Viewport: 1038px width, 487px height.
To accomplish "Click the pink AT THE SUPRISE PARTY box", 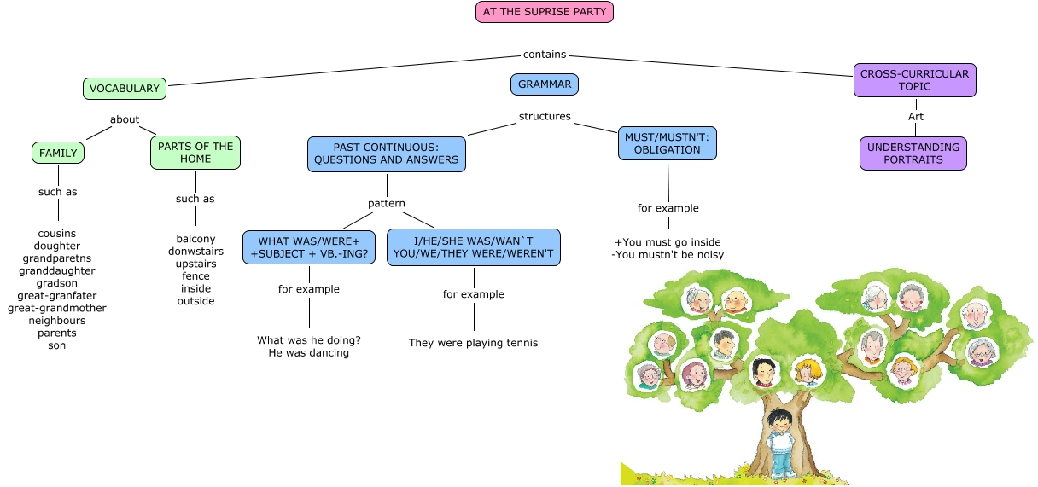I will point(544,12).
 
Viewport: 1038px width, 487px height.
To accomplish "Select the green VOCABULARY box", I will point(125,89).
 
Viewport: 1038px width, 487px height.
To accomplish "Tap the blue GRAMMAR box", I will point(545,84).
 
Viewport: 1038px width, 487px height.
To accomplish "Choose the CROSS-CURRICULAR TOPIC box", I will point(914,80).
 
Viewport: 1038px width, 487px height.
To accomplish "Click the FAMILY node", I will point(58,154).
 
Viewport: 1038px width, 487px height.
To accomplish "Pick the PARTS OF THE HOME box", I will point(195,153).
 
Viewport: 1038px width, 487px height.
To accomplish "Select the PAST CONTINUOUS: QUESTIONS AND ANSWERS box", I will point(387,154).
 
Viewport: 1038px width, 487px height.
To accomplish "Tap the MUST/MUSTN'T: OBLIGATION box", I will point(667,143).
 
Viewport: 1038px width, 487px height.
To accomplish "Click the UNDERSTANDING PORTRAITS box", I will point(913,154).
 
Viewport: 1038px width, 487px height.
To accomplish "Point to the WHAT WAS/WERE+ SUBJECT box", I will point(309,247).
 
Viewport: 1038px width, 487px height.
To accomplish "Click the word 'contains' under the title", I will point(545,55).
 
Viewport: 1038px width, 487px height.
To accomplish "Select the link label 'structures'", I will point(545,116).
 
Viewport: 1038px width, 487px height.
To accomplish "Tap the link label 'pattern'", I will point(387,203).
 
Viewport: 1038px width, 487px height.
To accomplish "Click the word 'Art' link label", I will point(915,116).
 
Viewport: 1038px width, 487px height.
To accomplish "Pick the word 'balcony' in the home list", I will point(195,239).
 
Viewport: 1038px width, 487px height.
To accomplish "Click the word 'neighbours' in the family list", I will point(57,321).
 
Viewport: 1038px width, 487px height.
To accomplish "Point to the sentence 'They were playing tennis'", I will point(473,343).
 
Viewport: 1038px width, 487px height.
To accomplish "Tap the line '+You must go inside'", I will point(668,241).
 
